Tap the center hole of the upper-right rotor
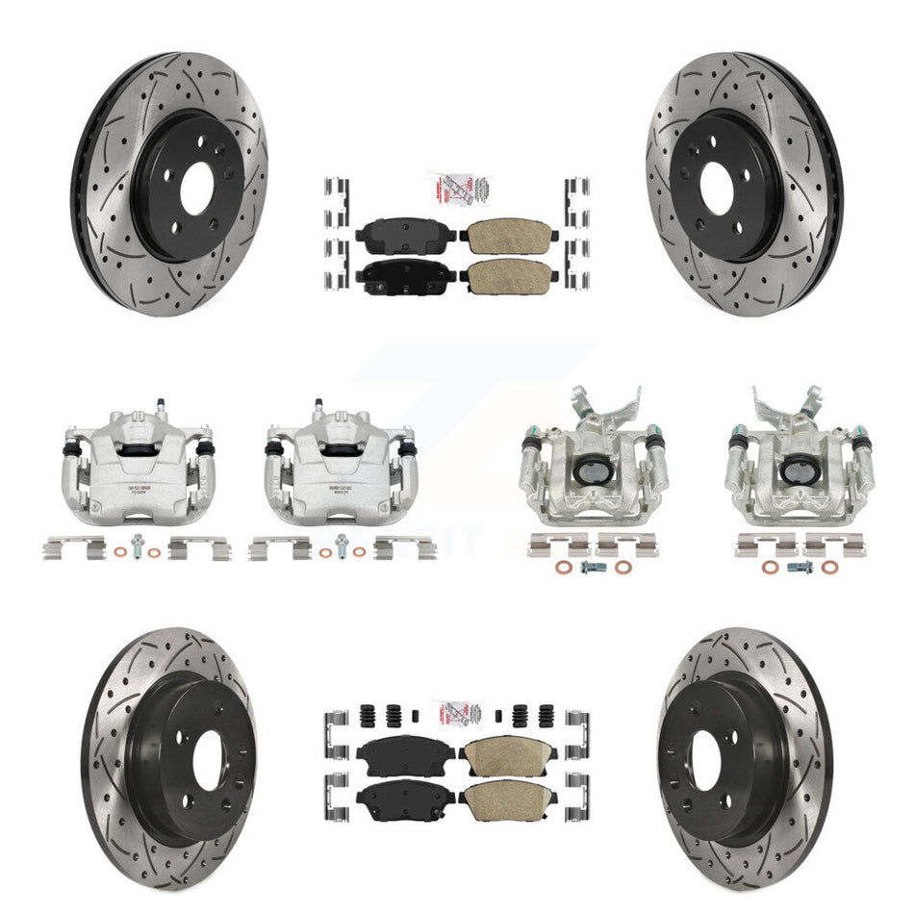[724, 186]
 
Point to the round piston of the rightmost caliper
[795, 471]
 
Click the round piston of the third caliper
[589, 471]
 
